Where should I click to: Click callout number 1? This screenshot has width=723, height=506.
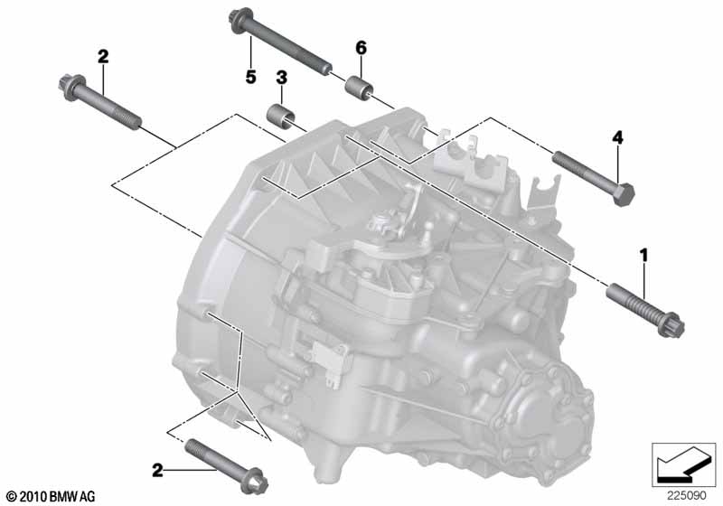click(x=643, y=255)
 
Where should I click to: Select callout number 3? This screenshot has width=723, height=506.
click(x=281, y=78)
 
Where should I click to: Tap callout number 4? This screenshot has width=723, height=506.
click(x=617, y=137)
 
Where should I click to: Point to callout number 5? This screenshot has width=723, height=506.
click(x=250, y=77)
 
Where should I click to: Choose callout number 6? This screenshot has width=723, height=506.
click(x=361, y=48)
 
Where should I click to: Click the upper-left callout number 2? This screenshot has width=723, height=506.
click(x=103, y=57)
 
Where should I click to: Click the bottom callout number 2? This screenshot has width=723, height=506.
click(x=157, y=471)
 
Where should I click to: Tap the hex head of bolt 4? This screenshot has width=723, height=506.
click(x=624, y=194)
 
